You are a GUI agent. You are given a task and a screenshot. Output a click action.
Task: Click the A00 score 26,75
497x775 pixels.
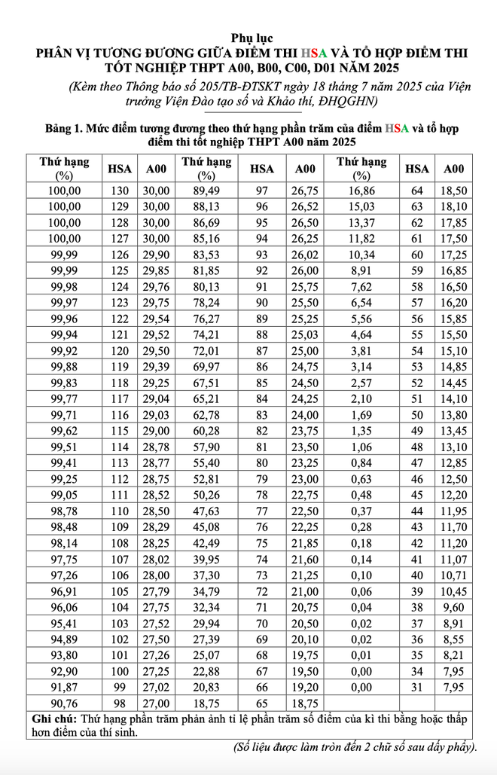click(305, 191)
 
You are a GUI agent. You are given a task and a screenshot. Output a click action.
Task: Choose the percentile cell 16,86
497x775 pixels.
click(361, 191)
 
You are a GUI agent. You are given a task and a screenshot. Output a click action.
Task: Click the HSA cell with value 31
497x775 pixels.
click(416, 687)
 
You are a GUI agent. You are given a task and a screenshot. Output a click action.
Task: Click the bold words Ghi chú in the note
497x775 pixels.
click(53, 719)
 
